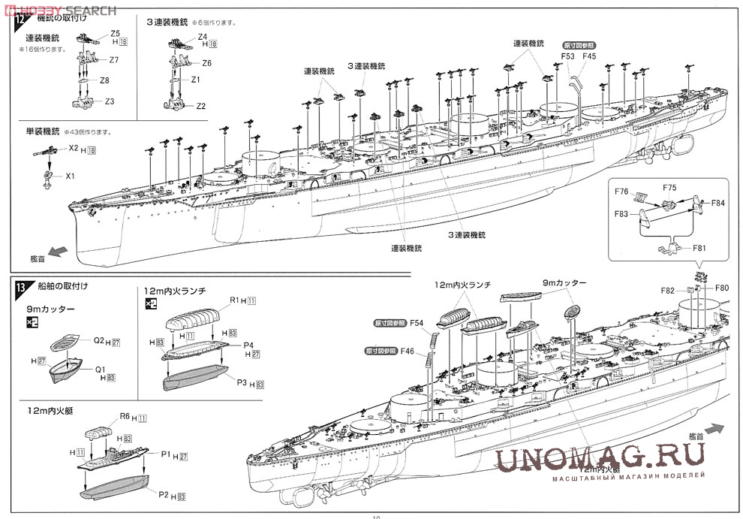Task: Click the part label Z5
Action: [x=115, y=33]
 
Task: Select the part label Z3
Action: [x=110, y=101]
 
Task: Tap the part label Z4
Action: [x=203, y=37]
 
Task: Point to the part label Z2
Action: [x=200, y=106]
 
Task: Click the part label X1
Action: [x=71, y=176]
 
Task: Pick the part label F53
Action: [x=567, y=56]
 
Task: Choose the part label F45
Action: [x=589, y=56]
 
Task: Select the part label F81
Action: [x=699, y=249]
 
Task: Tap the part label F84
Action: [x=718, y=203]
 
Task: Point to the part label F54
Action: [x=417, y=324]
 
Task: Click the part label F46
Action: [x=408, y=350]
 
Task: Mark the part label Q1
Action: [x=100, y=369]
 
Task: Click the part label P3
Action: [x=242, y=383]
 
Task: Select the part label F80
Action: [x=722, y=287]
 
